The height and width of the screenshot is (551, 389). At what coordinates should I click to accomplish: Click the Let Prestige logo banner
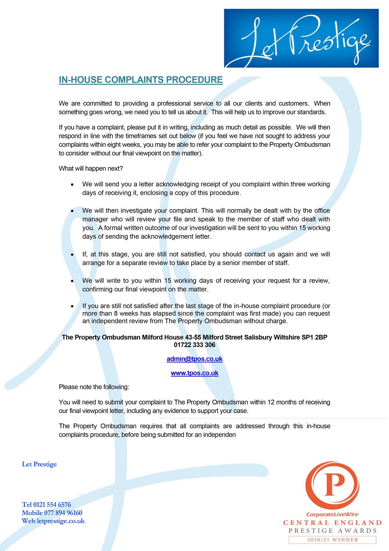(301, 38)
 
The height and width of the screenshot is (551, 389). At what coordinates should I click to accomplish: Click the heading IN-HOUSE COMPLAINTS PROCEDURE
(141, 80)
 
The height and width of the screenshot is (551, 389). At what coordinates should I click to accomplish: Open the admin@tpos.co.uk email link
(194, 359)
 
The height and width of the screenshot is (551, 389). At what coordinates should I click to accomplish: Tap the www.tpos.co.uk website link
(194, 373)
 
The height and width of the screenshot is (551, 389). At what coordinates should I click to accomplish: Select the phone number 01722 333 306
(194, 345)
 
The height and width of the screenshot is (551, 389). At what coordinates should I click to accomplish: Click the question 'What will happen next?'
(91, 169)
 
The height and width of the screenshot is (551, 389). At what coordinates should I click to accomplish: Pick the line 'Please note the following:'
(94, 387)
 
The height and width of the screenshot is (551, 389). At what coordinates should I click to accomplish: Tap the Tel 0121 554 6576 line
(46, 505)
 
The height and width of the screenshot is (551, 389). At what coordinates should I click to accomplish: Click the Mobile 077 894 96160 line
(52, 513)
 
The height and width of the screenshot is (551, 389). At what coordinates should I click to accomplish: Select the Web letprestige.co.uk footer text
(53, 521)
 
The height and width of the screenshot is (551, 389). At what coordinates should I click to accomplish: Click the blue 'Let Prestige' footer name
(39, 464)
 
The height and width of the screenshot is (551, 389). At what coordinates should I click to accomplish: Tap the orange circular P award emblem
(332, 485)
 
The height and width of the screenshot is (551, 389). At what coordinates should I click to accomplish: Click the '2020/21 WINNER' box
(332, 540)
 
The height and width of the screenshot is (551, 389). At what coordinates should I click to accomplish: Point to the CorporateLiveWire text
(332, 514)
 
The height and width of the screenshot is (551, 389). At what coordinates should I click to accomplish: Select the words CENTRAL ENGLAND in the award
(332, 523)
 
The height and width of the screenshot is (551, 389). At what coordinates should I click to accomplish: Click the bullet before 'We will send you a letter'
(72, 185)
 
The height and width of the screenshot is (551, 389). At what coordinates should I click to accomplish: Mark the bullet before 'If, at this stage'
(72, 255)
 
